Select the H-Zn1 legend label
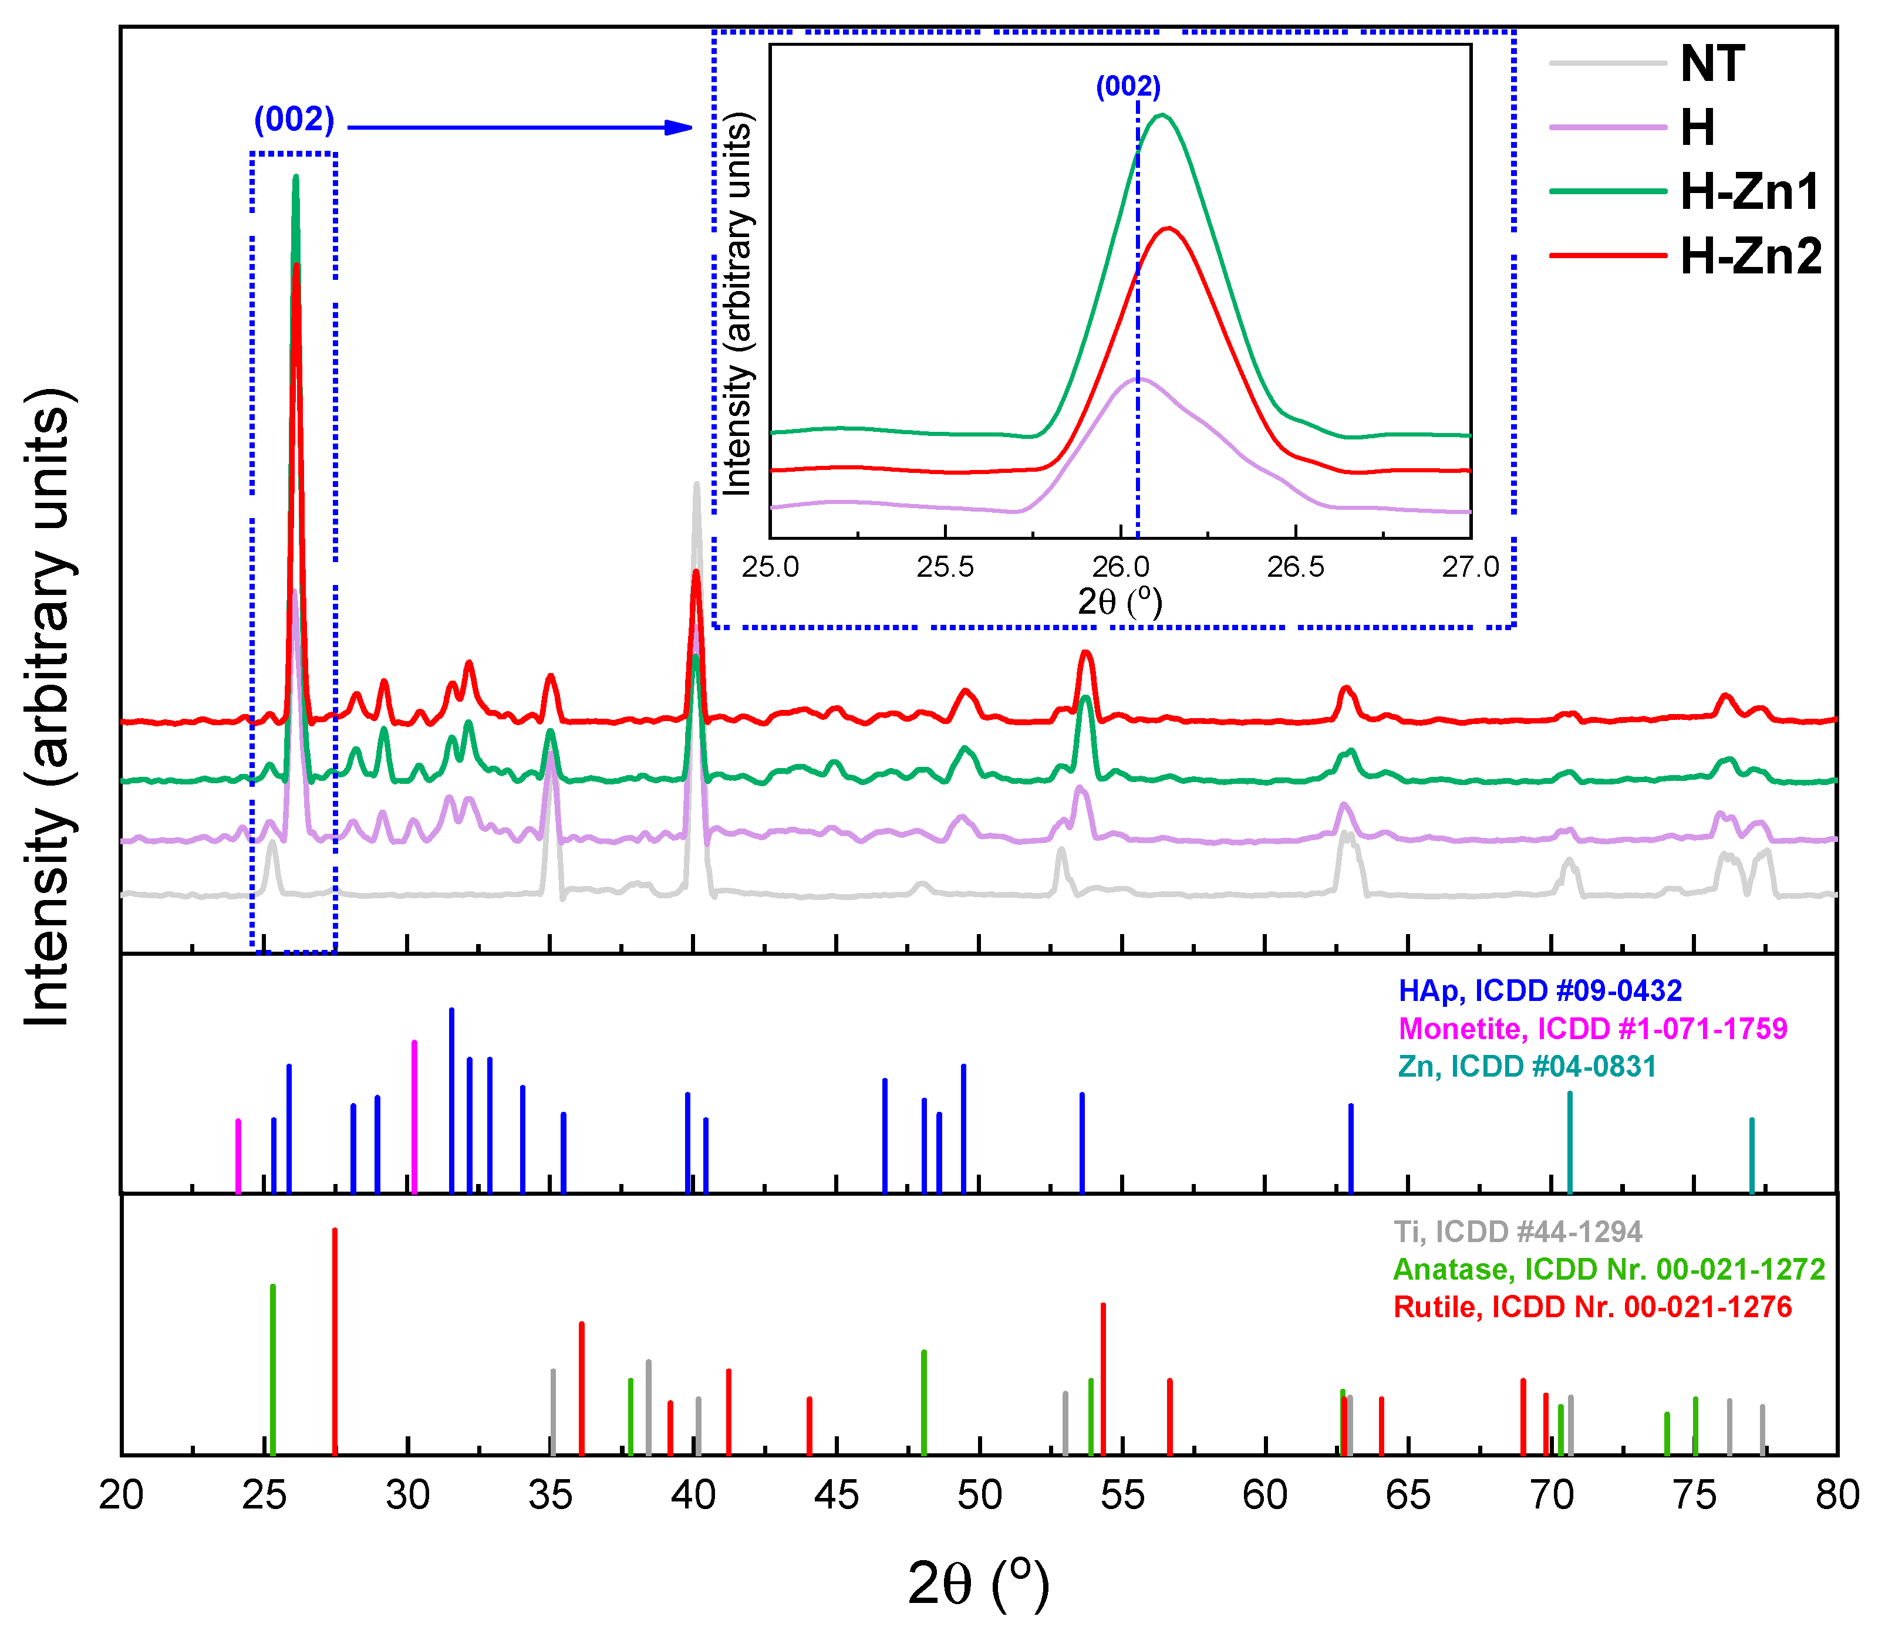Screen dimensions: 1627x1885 pos(1749,192)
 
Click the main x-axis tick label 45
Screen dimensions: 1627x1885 pos(836,1495)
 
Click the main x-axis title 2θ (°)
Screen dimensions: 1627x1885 pos(979,1584)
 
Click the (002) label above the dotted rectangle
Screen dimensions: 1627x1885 pos(294,119)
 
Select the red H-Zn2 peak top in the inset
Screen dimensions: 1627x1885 pos(1167,228)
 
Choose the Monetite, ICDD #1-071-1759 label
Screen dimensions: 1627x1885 pos(1592,1029)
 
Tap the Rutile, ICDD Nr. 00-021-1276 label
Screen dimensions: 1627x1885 pos(1592,1307)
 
